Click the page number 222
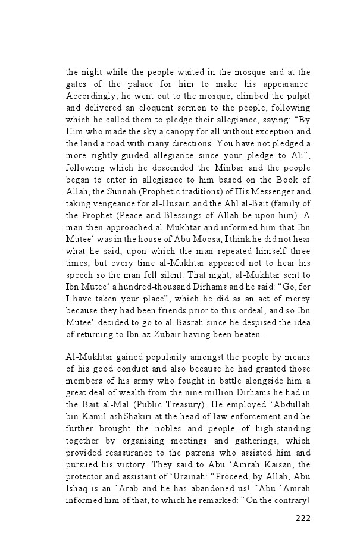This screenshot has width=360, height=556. pos(302,517)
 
